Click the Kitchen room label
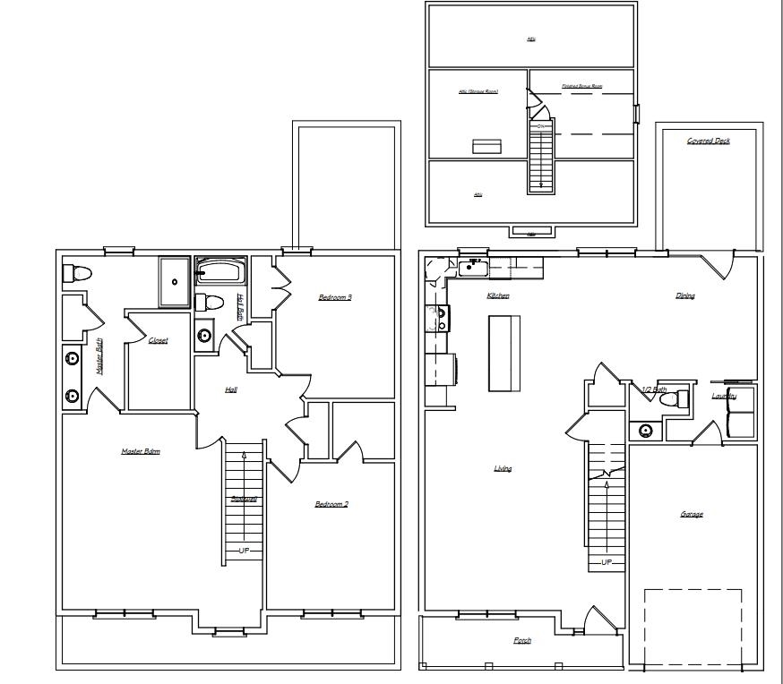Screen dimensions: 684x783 point(498,295)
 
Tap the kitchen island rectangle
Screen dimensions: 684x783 point(504,353)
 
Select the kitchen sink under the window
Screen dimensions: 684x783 point(472,266)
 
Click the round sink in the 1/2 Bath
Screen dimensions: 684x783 point(646,431)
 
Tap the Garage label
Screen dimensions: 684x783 point(691,514)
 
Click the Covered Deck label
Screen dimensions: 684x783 point(708,141)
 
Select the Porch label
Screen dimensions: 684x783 point(521,640)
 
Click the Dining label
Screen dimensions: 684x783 point(685,295)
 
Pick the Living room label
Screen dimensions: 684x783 point(503,468)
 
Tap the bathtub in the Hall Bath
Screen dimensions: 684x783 point(219,270)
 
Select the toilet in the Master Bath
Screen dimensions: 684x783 point(75,273)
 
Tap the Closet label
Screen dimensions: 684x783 point(158,340)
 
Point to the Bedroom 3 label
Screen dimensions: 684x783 point(335,297)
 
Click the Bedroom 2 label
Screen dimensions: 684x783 point(331,504)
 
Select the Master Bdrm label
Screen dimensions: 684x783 point(141,451)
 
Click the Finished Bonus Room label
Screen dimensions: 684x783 point(581,87)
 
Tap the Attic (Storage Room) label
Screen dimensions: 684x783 point(478,91)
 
